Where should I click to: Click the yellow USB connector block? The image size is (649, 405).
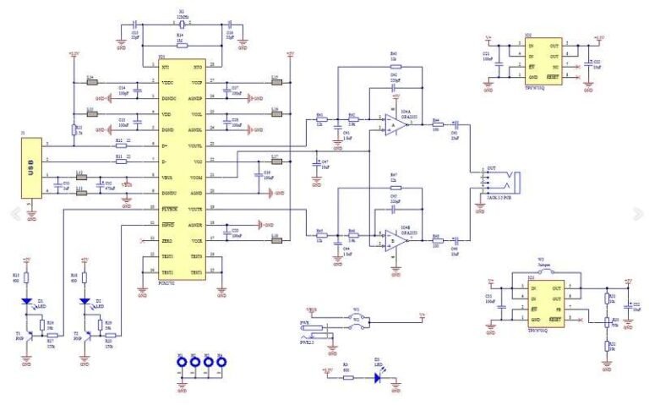click(x=31, y=169)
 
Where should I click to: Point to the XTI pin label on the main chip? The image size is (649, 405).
click(x=166, y=65)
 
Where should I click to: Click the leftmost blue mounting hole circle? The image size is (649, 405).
click(x=182, y=364)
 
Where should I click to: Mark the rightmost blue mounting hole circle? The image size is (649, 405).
click(x=221, y=364)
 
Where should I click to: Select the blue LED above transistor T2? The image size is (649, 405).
click(x=85, y=301)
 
